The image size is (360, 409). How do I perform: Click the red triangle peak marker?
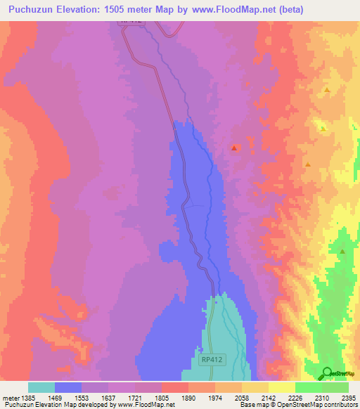point(234,148)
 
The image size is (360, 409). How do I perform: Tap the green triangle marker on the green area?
point(342,251)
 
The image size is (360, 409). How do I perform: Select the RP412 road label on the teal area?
point(213,359)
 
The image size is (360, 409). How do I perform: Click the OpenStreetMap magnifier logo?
point(327,372)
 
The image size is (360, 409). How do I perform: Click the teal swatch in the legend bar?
point(41,387)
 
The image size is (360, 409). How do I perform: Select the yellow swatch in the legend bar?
point(281,387)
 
